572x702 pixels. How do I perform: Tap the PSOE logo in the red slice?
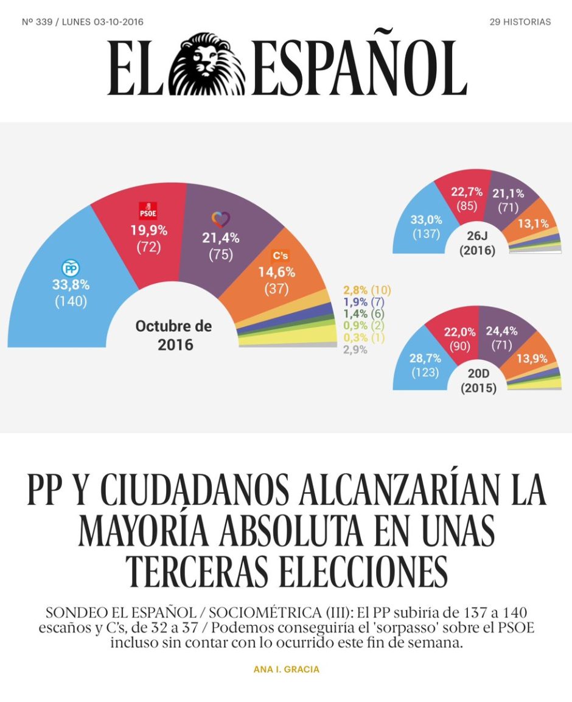[x=148, y=211]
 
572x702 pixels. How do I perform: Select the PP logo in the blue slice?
[x=70, y=268]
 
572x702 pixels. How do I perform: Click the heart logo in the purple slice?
[x=221, y=219]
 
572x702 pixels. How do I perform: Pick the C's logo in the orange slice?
[x=280, y=255]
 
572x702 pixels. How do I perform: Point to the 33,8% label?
[x=71, y=285]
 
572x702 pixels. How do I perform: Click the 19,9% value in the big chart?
[x=148, y=231]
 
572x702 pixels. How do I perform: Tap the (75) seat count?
[x=221, y=254]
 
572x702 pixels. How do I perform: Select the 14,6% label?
[x=277, y=272]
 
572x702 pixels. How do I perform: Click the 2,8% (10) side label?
[x=367, y=290]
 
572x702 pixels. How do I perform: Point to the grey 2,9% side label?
[x=355, y=349]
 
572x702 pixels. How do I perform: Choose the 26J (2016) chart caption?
[x=478, y=243]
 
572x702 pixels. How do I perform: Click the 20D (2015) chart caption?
[x=478, y=381]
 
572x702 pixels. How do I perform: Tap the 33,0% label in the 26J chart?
[x=426, y=220]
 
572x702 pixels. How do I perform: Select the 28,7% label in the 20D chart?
[x=425, y=358]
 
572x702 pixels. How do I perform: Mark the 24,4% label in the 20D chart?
[x=502, y=331]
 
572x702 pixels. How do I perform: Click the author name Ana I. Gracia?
[x=287, y=669]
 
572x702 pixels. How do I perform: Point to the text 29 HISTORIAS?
[x=520, y=22]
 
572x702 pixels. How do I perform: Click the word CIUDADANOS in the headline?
[x=194, y=490]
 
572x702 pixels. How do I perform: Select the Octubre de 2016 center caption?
[x=173, y=335]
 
